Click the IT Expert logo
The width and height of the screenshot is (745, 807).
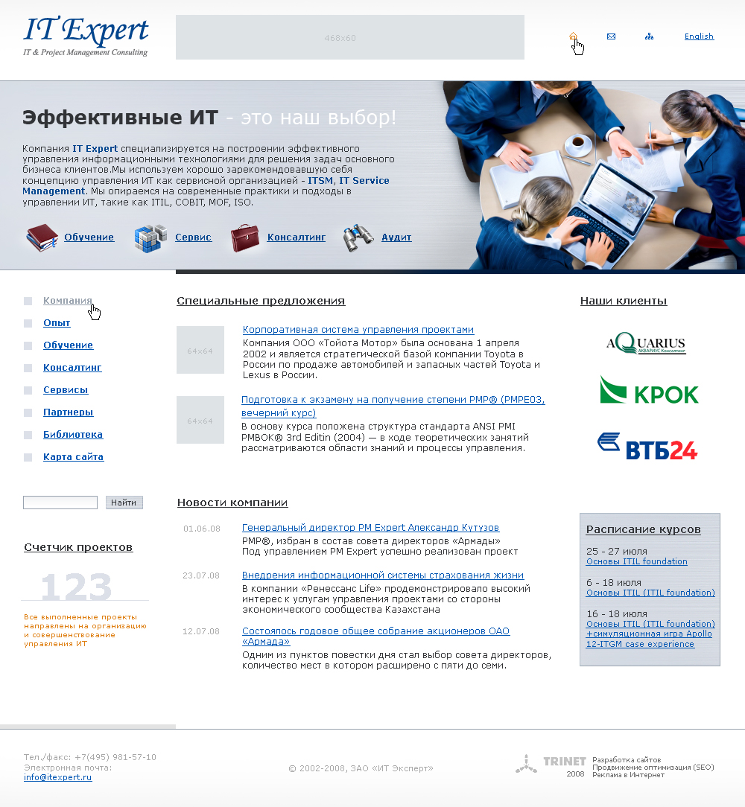tap(86, 36)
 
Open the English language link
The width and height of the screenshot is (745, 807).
tap(699, 36)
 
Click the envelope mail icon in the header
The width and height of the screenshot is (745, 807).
tap(611, 36)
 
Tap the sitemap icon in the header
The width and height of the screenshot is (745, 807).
tap(649, 36)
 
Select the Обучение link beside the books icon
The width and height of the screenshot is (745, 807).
tap(89, 237)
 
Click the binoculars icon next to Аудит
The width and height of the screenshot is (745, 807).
tap(358, 238)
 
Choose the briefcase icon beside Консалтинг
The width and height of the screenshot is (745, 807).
tap(244, 238)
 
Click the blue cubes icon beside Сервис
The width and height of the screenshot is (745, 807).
tap(150, 238)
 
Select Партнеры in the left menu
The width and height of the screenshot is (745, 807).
tap(68, 412)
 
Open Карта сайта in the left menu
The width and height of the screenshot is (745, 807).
tap(73, 457)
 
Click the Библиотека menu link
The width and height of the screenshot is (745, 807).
tap(73, 435)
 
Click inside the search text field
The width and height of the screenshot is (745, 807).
tap(60, 503)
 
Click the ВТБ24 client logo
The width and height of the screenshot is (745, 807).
tap(647, 447)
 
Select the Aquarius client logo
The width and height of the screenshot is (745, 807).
tap(646, 342)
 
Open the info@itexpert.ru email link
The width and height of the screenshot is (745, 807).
tap(57, 777)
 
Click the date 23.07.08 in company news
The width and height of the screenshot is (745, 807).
tap(201, 575)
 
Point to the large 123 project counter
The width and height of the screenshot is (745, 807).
tap(76, 587)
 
